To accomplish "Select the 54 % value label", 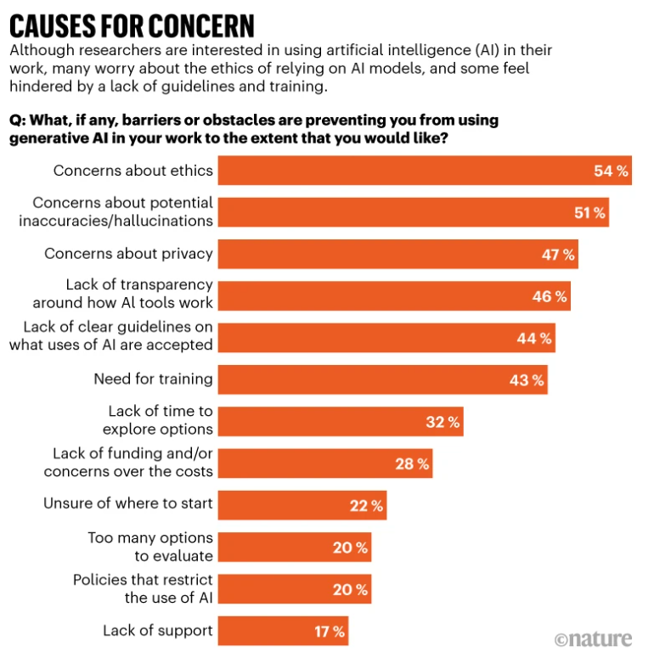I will coord(611,171).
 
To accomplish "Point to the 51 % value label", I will coord(589,212).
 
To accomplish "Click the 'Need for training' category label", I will coord(153,379).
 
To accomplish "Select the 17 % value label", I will coord(328,631).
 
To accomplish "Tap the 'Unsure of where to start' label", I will coord(128,504).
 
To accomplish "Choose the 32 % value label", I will coord(443,421).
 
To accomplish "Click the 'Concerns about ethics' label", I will coord(133,171).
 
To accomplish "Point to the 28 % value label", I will coord(412,464).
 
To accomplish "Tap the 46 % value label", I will coord(550,296).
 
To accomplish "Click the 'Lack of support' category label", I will coord(158,631).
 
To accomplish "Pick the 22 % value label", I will coord(366,505).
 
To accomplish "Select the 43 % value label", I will coord(527,379).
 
